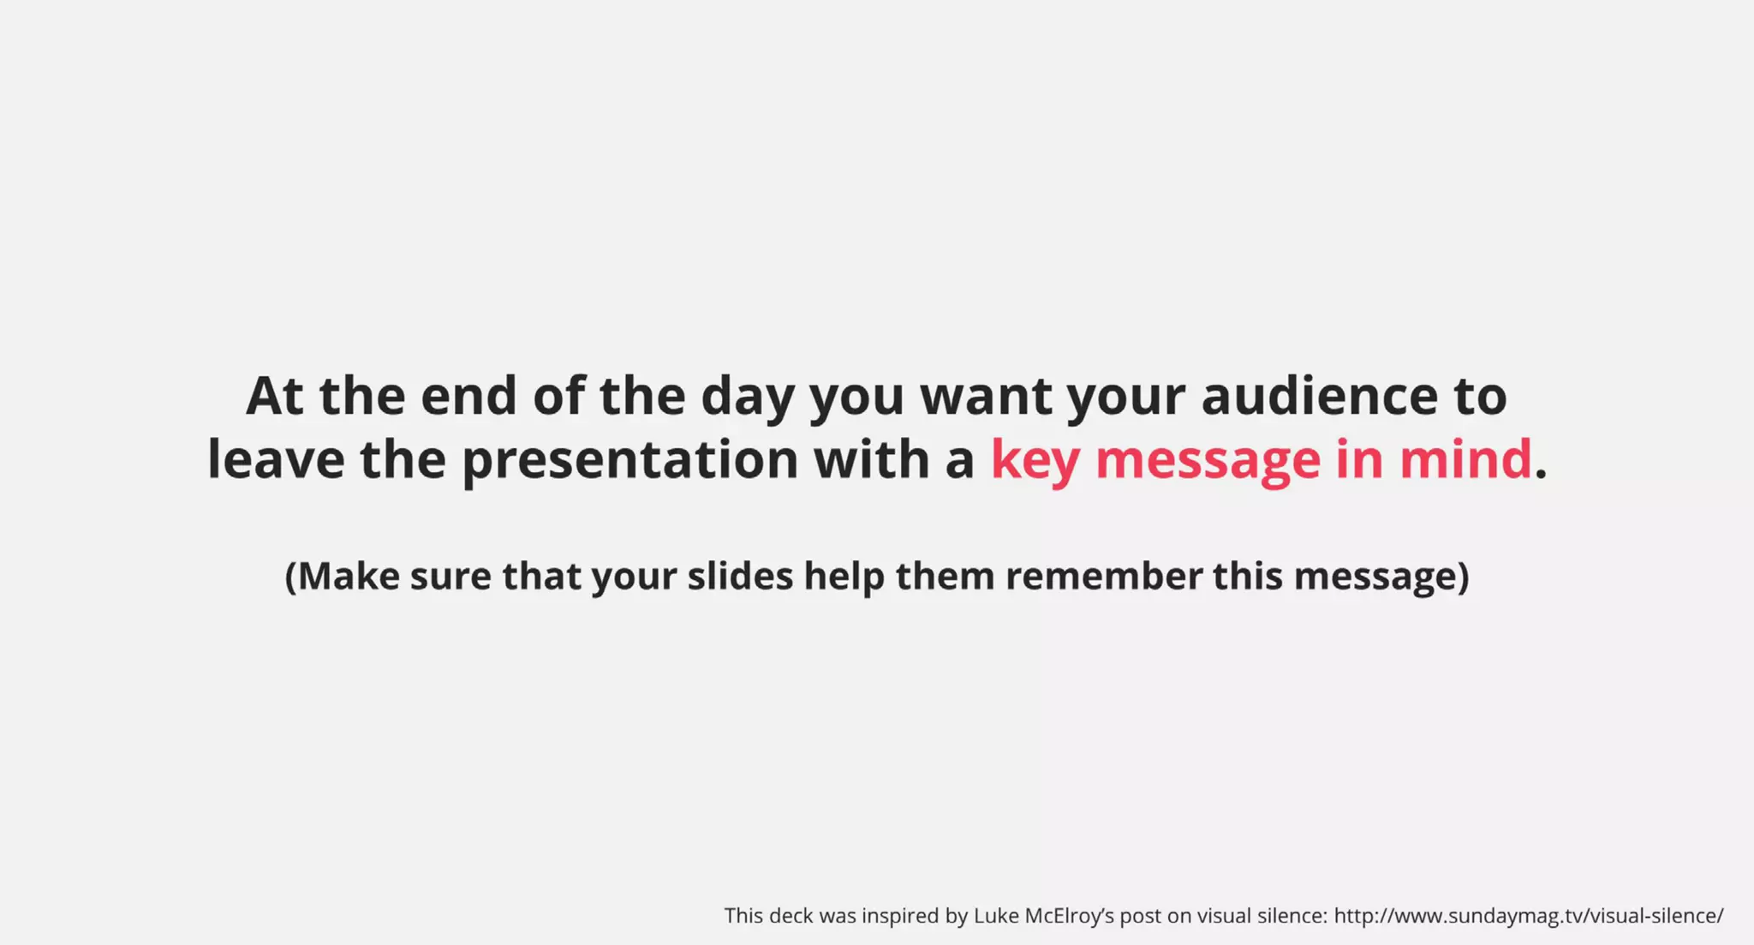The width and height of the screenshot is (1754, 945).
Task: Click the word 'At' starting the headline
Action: coord(274,397)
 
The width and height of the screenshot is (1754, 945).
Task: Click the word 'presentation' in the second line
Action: coord(629,461)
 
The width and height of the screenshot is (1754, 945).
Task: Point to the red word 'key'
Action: coord(1035,461)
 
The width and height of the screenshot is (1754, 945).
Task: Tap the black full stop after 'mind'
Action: coord(1542,474)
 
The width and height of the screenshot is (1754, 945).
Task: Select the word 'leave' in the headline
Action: coord(276,459)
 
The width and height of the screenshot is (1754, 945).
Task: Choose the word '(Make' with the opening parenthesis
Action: coord(342,577)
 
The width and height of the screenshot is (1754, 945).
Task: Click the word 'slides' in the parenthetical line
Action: coord(740,577)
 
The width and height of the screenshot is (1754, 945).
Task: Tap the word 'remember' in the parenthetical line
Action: coord(1103,577)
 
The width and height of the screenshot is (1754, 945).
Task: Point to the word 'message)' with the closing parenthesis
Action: coord(1381,577)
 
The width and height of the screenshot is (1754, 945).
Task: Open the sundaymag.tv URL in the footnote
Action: coord(1528,916)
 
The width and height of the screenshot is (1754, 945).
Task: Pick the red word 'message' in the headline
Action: coord(1208,461)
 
